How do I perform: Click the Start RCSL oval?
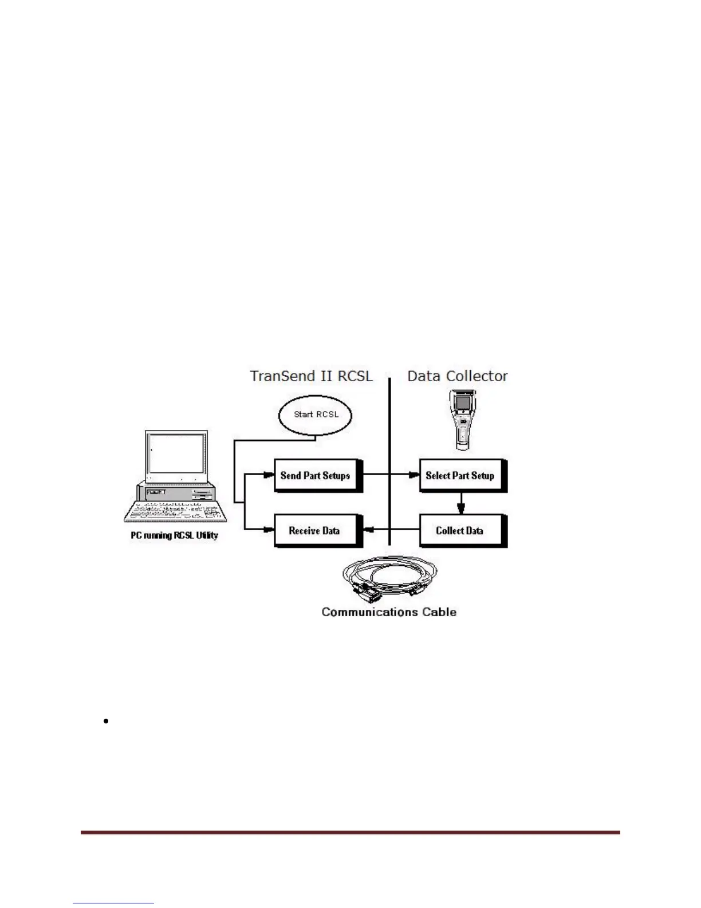point(316,414)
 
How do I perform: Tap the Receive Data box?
point(316,531)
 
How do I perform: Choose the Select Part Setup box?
point(461,475)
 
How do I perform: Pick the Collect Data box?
point(461,531)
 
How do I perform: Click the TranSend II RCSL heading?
point(312,377)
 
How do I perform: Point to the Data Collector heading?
point(457,377)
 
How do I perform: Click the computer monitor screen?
point(176,454)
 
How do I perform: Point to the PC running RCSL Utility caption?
point(174,535)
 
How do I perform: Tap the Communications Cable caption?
point(389,612)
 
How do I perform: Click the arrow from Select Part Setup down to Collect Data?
point(461,503)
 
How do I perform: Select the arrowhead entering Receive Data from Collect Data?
point(369,530)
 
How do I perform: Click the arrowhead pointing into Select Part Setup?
point(414,475)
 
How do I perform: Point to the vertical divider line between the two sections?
point(389,459)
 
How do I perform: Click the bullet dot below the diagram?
point(107,721)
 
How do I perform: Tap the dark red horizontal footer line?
point(350,833)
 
